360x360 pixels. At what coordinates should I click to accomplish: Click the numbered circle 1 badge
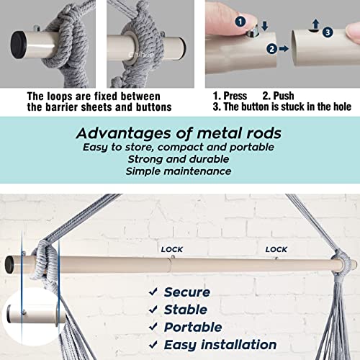[x=240, y=22]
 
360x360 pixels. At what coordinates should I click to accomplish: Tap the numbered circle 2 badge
[x=272, y=49]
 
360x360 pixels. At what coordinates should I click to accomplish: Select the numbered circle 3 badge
[x=328, y=32]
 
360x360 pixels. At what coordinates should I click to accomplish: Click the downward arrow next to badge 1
[x=265, y=26]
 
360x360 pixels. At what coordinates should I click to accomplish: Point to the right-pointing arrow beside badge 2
[x=284, y=49]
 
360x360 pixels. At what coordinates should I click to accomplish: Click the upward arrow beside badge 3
[x=316, y=24]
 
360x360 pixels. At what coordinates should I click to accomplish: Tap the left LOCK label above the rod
[x=172, y=250]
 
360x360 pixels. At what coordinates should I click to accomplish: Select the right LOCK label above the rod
[x=276, y=250]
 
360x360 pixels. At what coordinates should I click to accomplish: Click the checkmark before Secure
[x=153, y=292]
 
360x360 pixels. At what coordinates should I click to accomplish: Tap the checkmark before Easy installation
[x=153, y=345]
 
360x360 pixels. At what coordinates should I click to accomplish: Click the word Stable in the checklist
[x=186, y=310]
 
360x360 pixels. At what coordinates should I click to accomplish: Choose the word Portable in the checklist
[x=193, y=327]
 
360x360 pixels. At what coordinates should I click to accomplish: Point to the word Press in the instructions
[x=235, y=96]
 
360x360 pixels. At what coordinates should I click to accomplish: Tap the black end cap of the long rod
[x=9, y=265]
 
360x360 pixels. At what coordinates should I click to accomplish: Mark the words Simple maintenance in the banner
[x=179, y=171]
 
